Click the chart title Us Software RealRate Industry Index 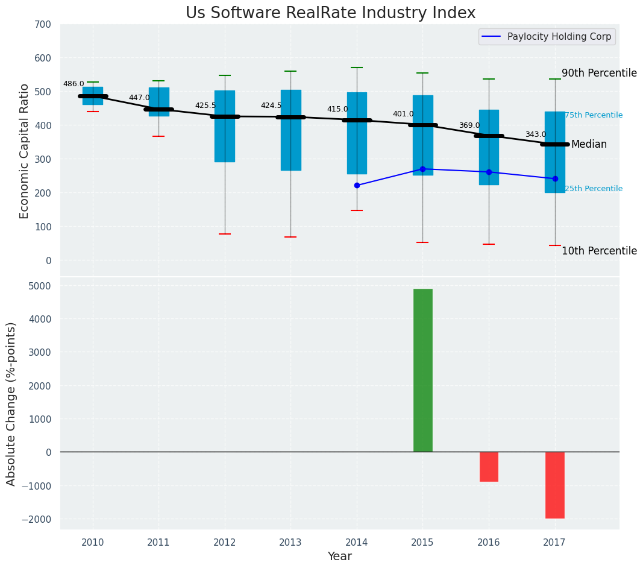coord(330,13)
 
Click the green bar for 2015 coord(422,370)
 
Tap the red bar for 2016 coord(489,466)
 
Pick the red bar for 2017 coord(554,485)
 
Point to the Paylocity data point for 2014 coord(357,185)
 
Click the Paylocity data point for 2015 coord(422,169)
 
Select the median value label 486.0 coord(74,84)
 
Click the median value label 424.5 coord(271,106)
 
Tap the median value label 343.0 coord(535,134)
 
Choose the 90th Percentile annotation coord(599,73)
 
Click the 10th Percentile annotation coord(599,251)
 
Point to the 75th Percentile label coord(594,115)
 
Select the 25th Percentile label coord(594,189)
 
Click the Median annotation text coord(589,145)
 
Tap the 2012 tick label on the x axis coord(225,542)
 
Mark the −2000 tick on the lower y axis coord(35,519)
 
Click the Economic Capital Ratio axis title coord(25,151)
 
